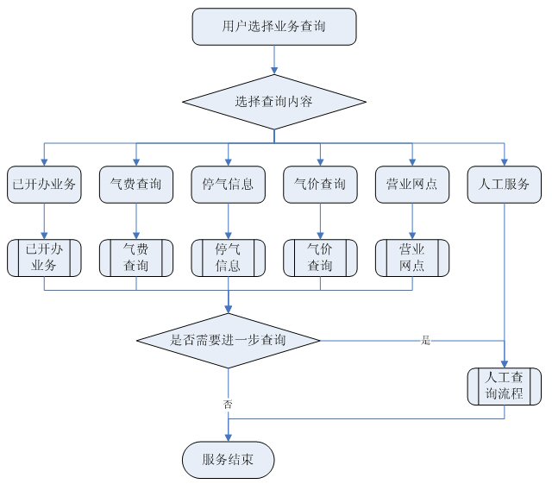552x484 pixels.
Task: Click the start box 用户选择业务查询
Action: coord(274,27)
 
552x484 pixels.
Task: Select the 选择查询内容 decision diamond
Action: coord(274,101)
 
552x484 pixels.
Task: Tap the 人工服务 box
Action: coord(505,184)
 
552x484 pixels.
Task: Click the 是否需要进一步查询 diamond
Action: coord(229,341)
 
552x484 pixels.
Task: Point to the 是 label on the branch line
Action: coord(424,341)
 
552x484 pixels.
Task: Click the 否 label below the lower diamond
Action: coord(228,404)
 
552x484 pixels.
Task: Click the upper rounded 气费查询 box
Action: coord(136,184)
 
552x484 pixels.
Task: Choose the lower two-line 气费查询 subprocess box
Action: coord(136,257)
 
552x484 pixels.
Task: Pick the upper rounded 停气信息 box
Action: coord(228,184)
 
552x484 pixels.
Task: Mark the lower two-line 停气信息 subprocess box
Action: coord(228,257)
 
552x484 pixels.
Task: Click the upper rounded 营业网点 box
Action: coord(412,184)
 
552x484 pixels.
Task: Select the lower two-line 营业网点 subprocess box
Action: coord(412,257)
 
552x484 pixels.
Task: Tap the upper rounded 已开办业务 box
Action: coord(44,184)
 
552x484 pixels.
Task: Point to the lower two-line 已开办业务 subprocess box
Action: coord(44,257)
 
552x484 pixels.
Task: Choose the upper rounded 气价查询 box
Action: coord(320,184)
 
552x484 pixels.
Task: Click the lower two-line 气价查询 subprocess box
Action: coord(320,257)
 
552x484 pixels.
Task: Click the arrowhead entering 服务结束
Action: coord(228,437)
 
